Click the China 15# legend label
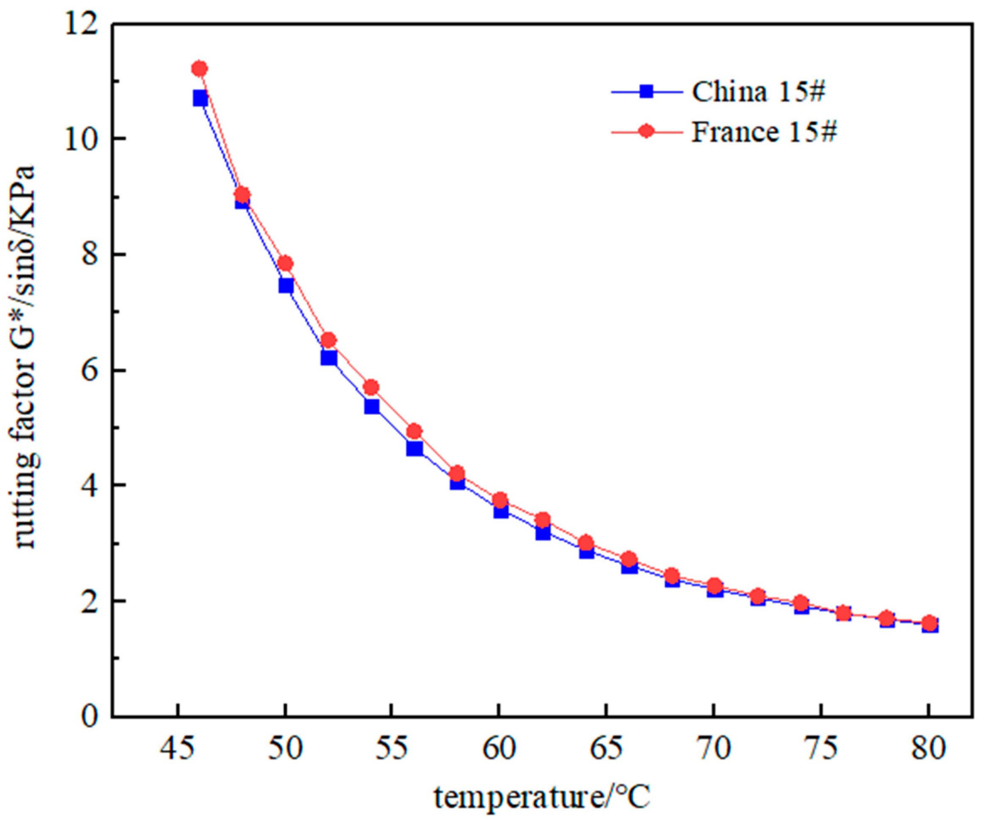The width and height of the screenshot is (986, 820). pos(758,93)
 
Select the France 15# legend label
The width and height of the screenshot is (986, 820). pos(764,132)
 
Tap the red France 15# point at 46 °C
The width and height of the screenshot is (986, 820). pos(199,68)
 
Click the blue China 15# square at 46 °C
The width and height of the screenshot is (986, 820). pos(200,98)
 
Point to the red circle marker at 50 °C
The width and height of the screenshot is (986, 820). pos(285,263)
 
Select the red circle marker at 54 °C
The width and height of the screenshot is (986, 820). pos(371,387)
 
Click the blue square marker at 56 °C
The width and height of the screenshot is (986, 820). pos(414,448)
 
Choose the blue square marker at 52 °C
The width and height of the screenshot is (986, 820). pos(329,358)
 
